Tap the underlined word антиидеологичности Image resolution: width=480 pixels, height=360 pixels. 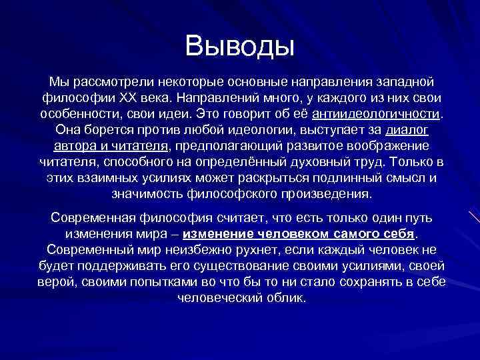[x=379, y=113]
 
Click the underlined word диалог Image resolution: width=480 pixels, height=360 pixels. [x=407, y=129]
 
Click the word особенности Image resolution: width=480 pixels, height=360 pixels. [x=79, y=113]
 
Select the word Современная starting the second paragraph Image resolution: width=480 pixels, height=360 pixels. [x=93, y=219]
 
